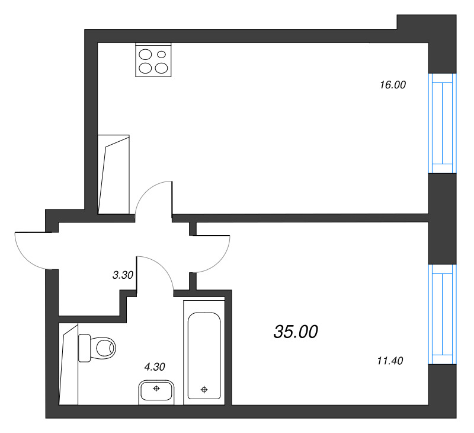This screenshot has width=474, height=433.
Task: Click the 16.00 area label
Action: point(392,85)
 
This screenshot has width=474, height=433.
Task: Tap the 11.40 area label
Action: point(390,359)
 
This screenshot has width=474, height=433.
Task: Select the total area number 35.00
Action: point(296,332)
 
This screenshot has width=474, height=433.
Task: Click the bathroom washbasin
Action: point(156,391)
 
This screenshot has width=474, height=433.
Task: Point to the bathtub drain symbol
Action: point(204,390)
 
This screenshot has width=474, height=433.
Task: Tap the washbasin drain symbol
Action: point(156,389)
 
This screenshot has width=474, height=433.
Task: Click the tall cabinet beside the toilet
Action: point(69,364)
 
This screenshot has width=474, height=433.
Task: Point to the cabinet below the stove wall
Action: point(114,173)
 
